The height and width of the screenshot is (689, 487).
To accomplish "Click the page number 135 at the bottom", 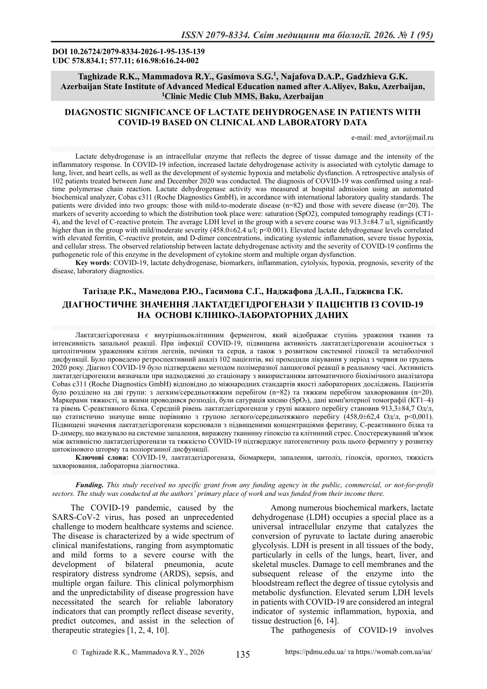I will [x=243, y=654].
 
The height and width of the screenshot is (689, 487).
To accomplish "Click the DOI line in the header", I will [x=128, y=52].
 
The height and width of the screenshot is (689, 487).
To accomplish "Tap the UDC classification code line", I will [x=125, y=60].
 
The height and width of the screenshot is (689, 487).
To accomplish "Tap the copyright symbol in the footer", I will [x=75, y=652].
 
